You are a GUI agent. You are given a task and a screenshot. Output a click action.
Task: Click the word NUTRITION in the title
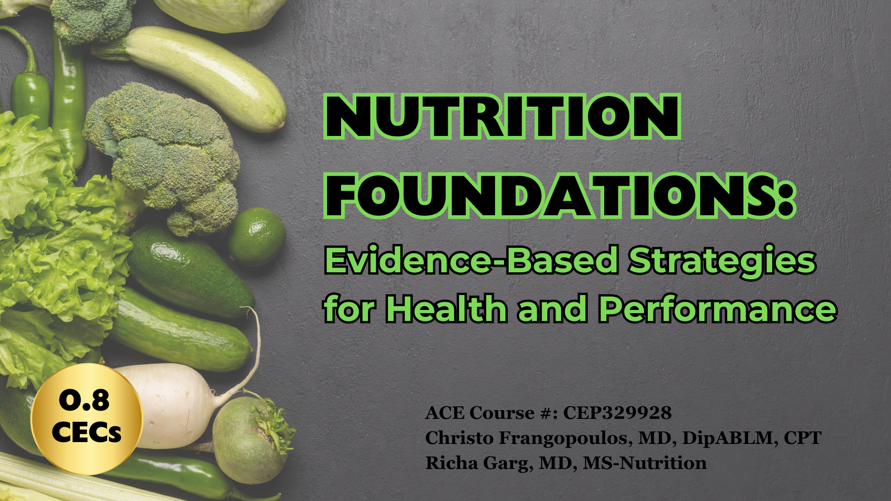(x=502, y=116)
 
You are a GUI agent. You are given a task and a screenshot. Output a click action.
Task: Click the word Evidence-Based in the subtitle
(x=471, y=261)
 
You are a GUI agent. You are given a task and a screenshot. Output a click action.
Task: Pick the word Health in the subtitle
(x=446, y=309)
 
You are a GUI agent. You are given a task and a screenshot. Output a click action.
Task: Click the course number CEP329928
(x=617, y=413)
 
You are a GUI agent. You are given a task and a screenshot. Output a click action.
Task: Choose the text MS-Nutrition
(x=645, y=463)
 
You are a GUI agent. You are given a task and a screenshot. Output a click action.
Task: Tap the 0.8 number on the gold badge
(x=84, y=400)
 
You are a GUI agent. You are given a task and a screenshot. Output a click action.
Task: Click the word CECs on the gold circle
(x=86, y=432)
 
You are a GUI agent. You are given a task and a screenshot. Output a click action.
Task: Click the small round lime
(x=256, y=237)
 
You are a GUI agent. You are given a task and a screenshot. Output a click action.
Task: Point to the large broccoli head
(x=162, y=148)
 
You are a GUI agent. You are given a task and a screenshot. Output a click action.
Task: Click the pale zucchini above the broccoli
(x=204, y=74)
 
